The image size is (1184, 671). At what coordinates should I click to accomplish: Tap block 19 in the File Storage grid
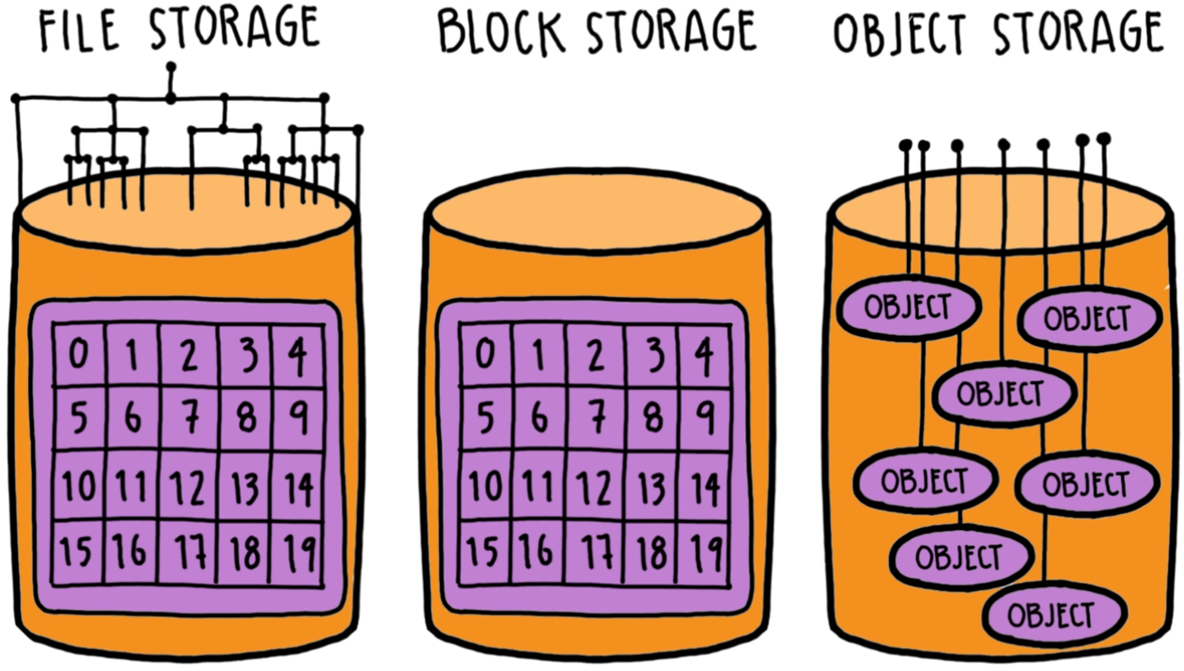click(297, 553)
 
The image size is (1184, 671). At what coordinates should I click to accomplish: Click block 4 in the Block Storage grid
click(704, 355)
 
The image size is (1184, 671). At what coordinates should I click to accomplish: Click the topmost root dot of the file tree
click(171, 67)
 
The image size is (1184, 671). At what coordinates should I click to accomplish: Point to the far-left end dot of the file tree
click(16, 99)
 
